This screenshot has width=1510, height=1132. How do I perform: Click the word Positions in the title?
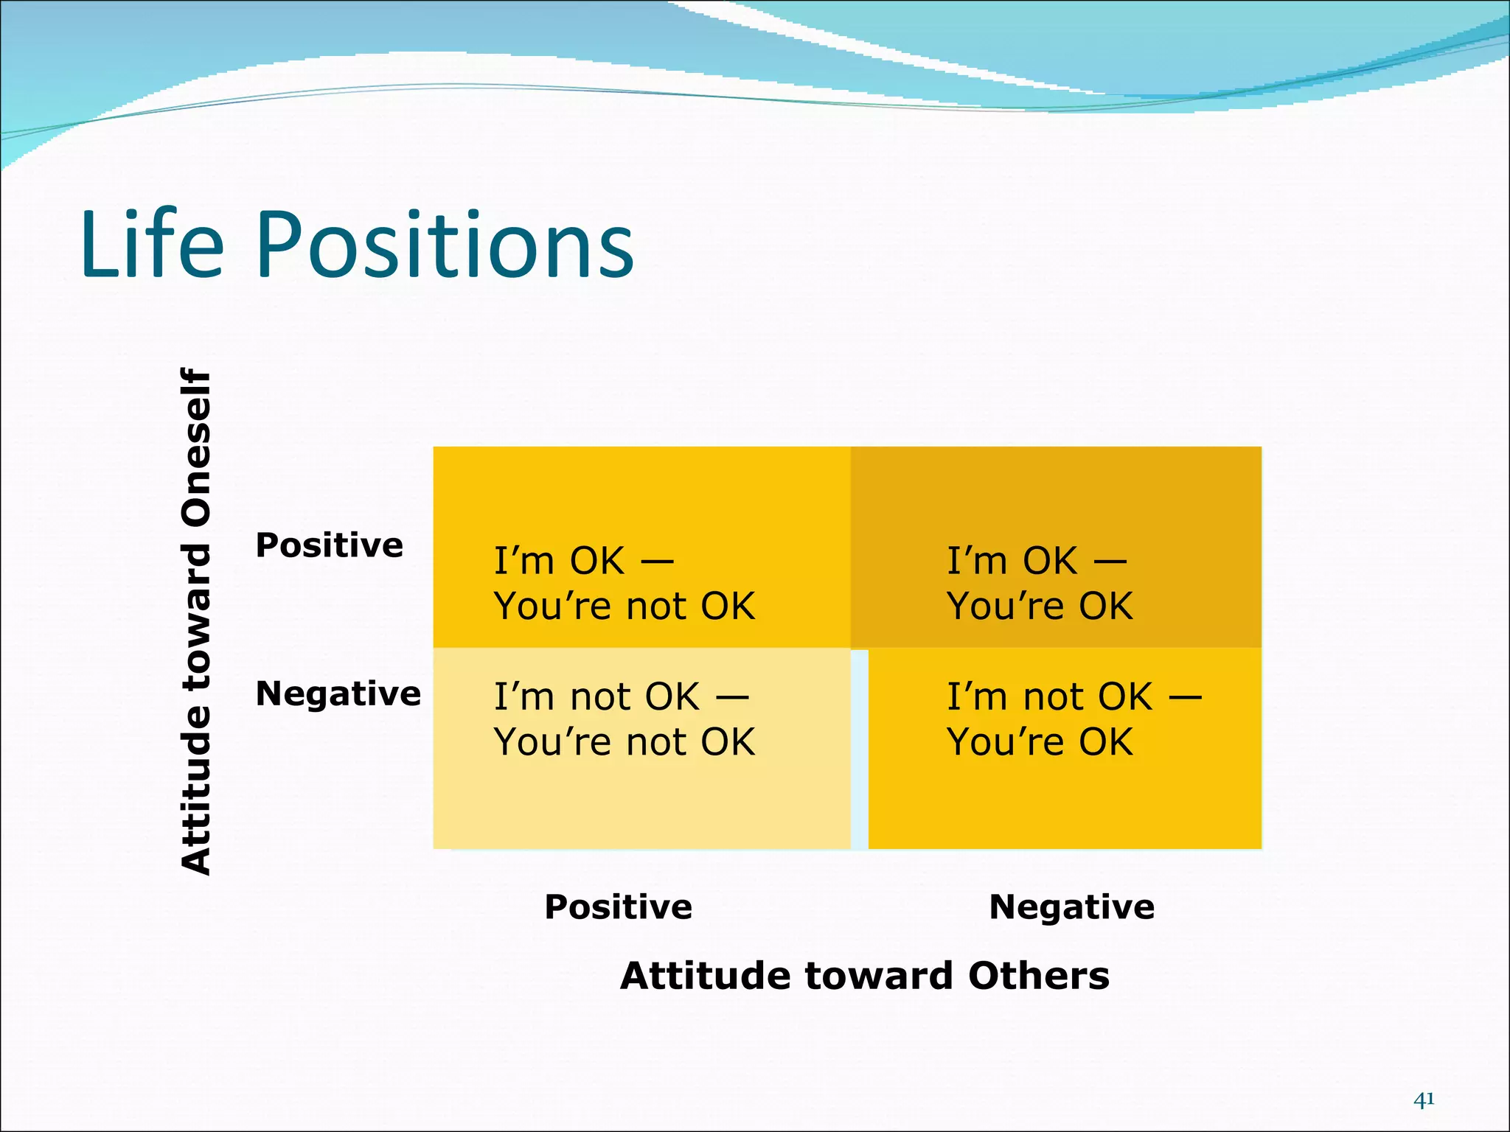445,247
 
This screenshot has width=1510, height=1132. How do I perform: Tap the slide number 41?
1424,1100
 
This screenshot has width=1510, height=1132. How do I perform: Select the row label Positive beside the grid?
330,546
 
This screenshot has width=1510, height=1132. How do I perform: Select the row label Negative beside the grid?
338,694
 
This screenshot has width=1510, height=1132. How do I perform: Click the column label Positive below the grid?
618,907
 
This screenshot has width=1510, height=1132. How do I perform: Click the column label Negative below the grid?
1071,907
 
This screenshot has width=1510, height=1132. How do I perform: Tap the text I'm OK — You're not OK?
624,584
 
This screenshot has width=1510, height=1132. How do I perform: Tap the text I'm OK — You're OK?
1039,584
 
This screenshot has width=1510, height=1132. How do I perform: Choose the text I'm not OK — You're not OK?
624,719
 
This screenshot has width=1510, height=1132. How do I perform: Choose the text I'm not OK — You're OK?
1073,719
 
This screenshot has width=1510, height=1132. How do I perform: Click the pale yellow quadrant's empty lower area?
641,807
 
